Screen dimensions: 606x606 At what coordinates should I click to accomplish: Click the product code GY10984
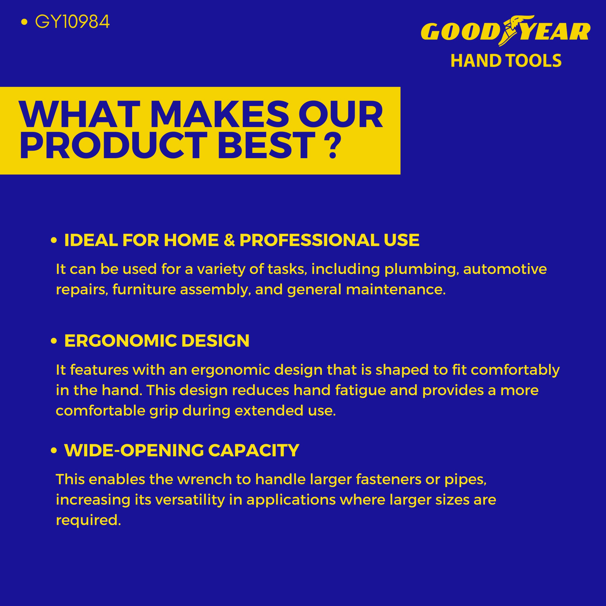point(72,22)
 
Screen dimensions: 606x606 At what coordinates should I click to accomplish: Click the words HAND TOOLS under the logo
point(506,61)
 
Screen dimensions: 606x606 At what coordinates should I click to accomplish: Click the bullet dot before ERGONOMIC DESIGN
point(54,341)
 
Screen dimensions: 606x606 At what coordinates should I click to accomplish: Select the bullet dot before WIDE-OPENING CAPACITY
point(54,451)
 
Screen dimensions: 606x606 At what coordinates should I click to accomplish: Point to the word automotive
point(505,269)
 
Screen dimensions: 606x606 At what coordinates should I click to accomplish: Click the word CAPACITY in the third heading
point(254,451)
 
